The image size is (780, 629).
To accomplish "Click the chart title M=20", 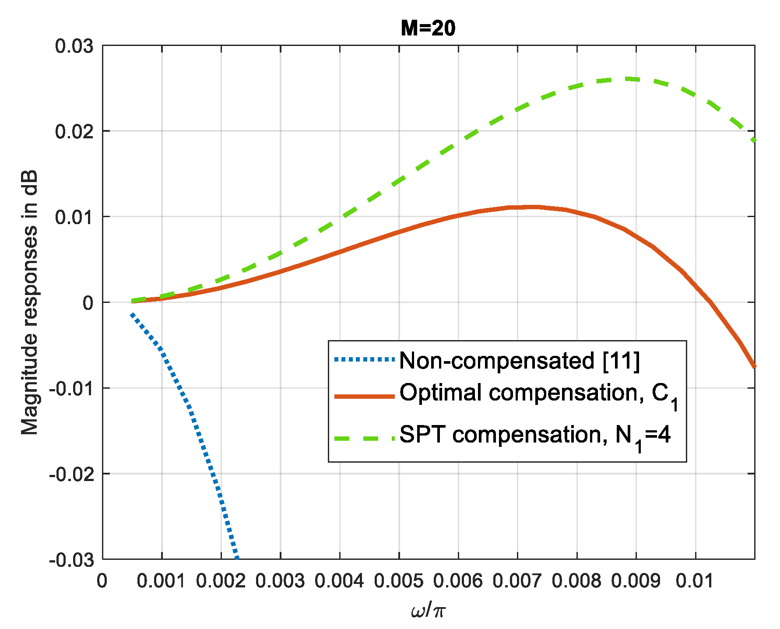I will (428, 28).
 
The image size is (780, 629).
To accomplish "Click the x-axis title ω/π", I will (428, 610).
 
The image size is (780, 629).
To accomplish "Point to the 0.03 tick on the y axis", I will (74, 46).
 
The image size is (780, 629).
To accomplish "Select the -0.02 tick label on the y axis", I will (71, 474).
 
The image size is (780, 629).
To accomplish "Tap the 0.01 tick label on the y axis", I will (74, 217).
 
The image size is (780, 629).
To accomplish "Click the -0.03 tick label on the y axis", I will (71, 560).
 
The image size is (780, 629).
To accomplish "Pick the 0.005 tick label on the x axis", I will (399, 581).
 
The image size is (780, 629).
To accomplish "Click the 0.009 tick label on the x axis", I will (636, 581).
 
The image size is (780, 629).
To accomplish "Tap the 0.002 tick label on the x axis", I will (221, 581).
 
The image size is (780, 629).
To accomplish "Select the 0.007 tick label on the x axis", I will (517, 581).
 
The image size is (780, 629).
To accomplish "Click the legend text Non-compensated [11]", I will (520, 361).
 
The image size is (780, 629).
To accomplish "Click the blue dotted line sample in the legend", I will (364, 360).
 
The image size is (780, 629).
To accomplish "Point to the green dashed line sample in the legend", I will (364, 438).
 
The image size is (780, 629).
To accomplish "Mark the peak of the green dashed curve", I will (630, 79).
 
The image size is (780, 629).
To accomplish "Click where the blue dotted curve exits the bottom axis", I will (237, 559).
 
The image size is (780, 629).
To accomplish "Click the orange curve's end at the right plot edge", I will (754, 366).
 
